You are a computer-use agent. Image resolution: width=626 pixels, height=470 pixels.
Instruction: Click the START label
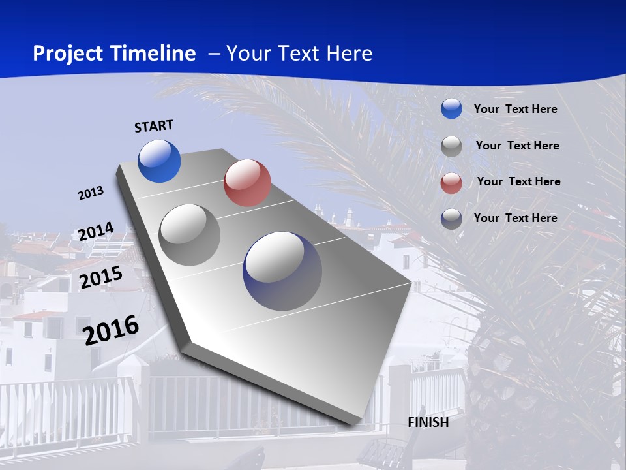point(154,126)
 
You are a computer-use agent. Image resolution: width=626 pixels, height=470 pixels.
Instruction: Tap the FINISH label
point(428,422)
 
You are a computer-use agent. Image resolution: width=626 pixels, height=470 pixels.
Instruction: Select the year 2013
point(91,193)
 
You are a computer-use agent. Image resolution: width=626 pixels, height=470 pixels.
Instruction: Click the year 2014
point(96,232)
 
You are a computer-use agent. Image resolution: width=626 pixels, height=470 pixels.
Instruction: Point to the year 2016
point(112,330)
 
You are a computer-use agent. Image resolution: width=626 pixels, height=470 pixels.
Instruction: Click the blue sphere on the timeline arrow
point(159,161)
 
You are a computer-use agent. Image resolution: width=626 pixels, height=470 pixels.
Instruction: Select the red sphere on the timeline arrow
point(247,183)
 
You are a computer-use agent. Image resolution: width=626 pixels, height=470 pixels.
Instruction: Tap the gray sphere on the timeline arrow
point(190,234)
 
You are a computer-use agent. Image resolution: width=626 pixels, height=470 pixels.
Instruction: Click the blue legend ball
point(451,109)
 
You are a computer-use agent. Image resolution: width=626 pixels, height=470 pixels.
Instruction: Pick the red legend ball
point(451,182)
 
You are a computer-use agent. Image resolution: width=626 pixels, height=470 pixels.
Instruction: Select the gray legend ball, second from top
point(451,146)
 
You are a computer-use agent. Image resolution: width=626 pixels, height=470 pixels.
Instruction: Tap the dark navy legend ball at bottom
point(451,219)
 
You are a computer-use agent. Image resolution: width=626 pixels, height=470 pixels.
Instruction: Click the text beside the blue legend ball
point(515,109)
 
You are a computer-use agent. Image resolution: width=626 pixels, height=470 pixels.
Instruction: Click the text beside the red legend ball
point(518,181)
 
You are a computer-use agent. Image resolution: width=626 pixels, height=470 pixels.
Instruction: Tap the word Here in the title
point(349,54)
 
